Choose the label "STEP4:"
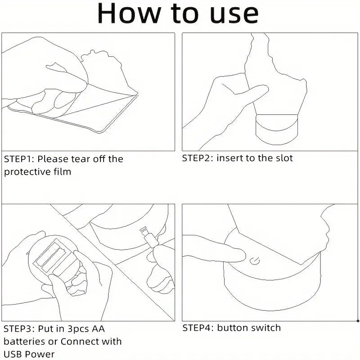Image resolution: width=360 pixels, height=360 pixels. [x=197, y=328]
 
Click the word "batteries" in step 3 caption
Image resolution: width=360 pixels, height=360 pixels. [x=25, y=342]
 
